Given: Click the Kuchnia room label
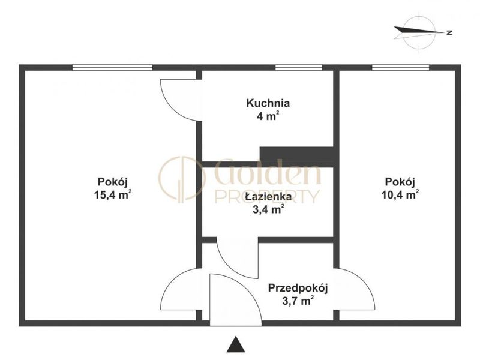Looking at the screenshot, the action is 268,103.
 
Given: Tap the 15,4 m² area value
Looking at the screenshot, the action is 113,194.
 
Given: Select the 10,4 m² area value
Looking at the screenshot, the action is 400,194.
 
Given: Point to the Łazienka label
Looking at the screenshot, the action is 268,196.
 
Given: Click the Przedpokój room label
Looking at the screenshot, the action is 298,289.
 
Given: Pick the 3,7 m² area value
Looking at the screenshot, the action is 298,301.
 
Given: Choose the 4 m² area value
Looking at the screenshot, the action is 268,116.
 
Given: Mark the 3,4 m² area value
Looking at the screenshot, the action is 268,209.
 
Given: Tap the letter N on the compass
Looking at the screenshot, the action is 449,32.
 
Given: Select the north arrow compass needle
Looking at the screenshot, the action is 418,32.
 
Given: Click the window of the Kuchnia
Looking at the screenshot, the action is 298,68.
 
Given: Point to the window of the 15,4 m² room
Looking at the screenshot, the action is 112,68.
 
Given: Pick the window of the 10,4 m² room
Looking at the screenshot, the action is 400,68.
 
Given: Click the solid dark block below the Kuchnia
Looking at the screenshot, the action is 297,157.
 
